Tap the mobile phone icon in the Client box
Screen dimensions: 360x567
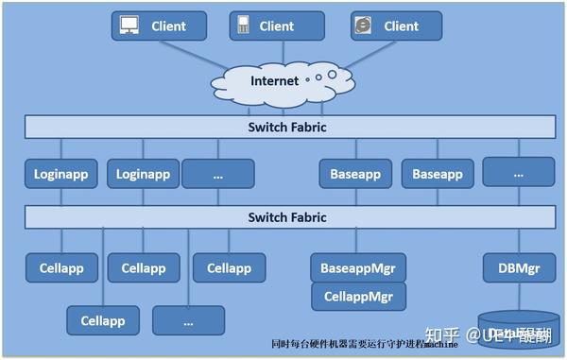(x=243, y=26)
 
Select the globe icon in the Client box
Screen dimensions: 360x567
(x=362, y=26)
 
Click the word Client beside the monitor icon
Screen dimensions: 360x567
(x=168, y=26)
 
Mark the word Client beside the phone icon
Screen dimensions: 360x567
(x=277, y=26)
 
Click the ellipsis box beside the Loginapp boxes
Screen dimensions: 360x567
(x=218, y=174)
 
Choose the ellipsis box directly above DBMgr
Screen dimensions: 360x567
(x=518, y=173)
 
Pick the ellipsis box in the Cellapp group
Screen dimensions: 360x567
(x=188, y=320)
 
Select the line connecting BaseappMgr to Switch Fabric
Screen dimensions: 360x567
(x=356, y=240)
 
